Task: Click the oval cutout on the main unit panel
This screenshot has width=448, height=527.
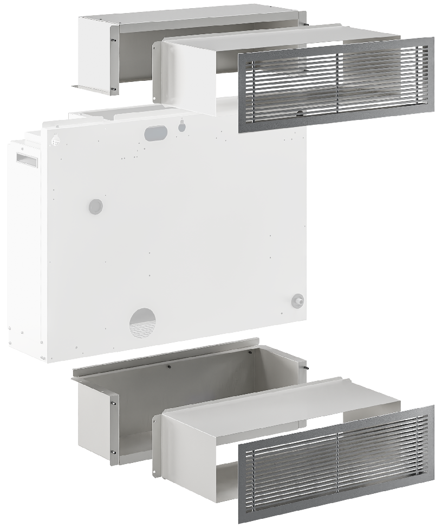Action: [x=156, y=132]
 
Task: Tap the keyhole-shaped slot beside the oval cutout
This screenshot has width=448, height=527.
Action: [x=182, y=125]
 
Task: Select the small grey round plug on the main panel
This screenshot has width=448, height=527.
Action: [x=95, y=206]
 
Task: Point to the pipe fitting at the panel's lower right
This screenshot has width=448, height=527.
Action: [x=297, y=301]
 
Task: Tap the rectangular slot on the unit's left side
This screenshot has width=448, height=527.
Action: [x=27, y=158]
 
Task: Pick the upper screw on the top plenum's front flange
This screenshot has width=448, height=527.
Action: [x=113, y=39]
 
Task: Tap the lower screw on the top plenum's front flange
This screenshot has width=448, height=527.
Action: [x=113, y=88]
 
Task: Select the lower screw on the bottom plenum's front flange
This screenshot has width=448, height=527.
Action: [x=114, y=452]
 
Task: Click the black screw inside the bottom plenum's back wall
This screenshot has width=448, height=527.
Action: [x=170, y=367]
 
